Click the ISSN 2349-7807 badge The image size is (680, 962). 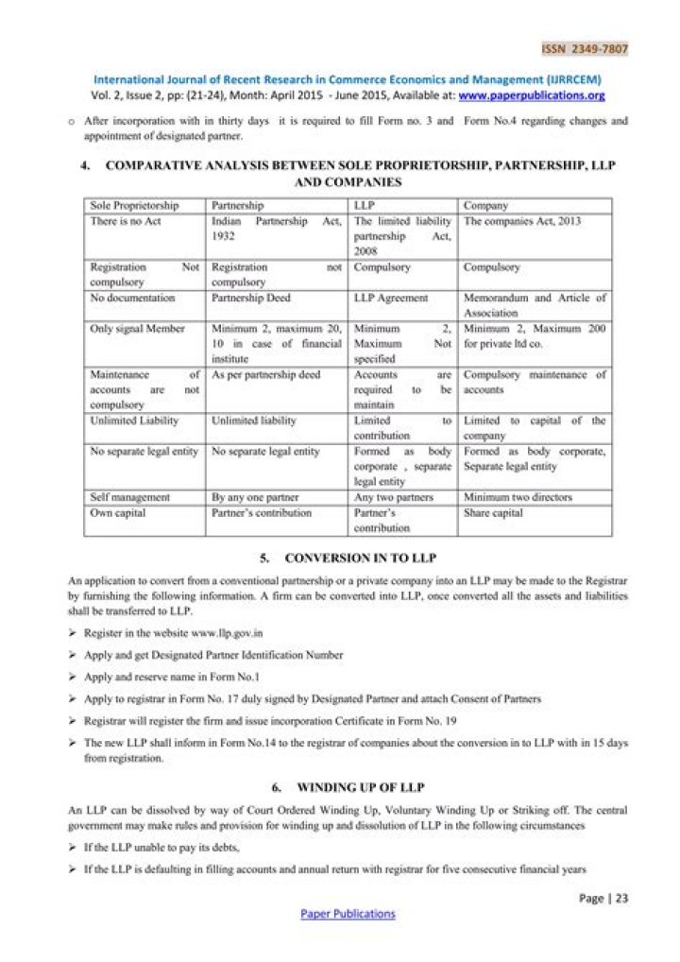tap(585, 49)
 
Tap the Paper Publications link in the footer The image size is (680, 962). tap(348, 914)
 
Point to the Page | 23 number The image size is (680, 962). tap(603, 899)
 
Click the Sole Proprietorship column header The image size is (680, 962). tap(133, 205)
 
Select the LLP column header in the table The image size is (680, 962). tap(365, 205)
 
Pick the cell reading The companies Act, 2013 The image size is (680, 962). tap(522, 221)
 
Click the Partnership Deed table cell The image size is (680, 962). tap(252, 298)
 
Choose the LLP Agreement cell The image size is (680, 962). tap(390, 298)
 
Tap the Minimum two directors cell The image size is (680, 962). tap(518, 497)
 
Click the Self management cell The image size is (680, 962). tap(130, 497)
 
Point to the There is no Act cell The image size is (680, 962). tap(125, 221)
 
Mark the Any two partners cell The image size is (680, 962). tap(393, 497)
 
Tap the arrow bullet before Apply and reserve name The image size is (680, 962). tap(73, 678)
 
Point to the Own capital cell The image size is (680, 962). tap(118, 513)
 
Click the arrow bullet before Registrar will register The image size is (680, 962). tap(73, 721)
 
